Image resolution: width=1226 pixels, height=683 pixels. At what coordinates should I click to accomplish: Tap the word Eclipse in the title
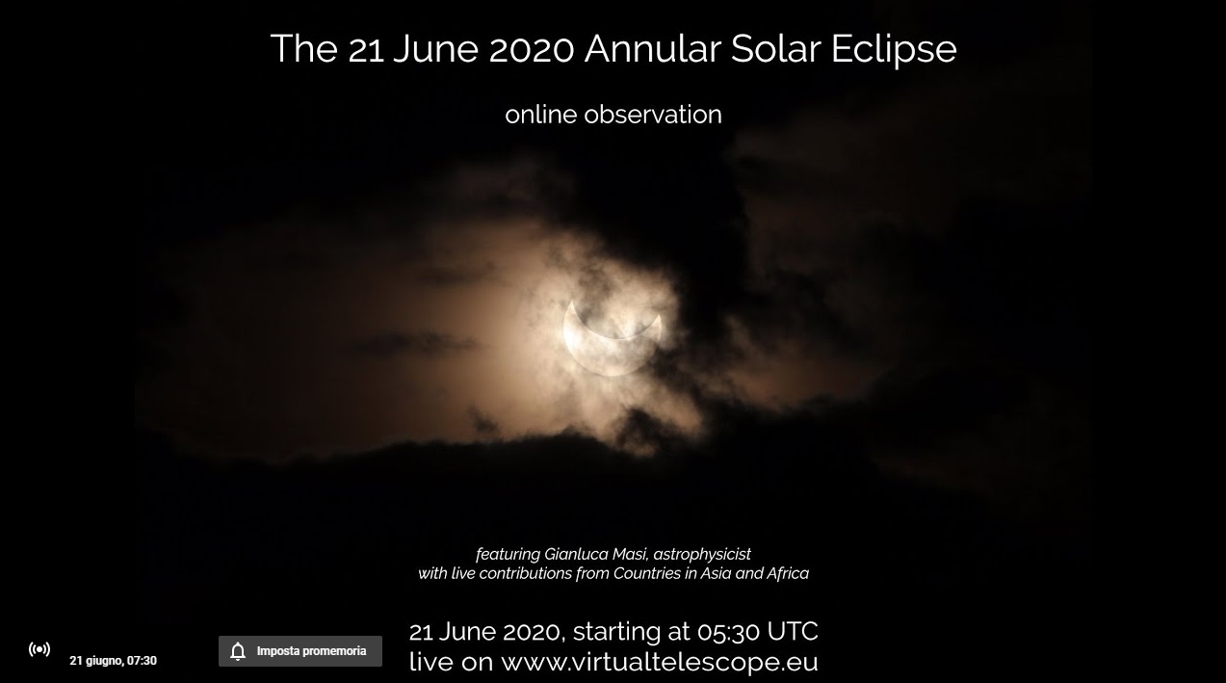tap(894, 50)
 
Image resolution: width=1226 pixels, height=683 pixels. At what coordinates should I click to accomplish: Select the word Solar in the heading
tap(776, 49)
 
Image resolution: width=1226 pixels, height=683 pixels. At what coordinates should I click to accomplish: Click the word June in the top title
tap(435, 49)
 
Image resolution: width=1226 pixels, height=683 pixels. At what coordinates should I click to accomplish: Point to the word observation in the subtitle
tap(653, 115)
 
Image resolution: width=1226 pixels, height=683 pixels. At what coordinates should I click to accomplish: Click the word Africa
tap(788, 573)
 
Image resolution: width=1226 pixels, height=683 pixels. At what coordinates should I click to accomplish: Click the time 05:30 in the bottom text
tap(728, 632)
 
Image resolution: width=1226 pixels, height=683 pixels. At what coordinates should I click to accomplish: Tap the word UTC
tap(793, 632)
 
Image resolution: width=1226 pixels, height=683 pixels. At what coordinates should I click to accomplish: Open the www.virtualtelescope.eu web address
tap(660, 662)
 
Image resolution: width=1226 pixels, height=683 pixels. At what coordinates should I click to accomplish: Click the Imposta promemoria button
tap(300, 651)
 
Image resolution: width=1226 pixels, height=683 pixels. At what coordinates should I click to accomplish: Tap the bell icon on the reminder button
tap(238, 651)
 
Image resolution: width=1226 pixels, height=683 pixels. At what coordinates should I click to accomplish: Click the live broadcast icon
tap(39, 649)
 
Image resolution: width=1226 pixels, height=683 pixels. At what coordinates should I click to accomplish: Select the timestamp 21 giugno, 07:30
tap(114, 661)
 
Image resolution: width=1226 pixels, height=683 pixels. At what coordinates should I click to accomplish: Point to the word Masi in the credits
tap(630, 554)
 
